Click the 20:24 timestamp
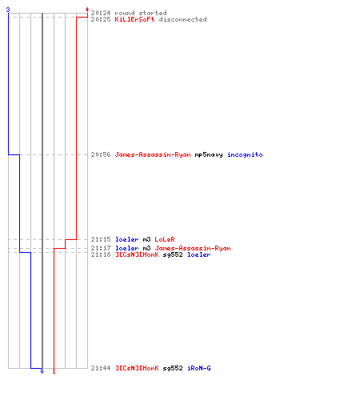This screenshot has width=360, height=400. (x=101, y=13)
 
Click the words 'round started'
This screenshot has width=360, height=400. (x=141, y=13)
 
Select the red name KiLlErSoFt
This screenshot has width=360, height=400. (x=134, y=19)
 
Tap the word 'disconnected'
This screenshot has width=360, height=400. (x=182, y=19)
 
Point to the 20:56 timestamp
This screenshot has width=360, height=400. (x=101, y=154)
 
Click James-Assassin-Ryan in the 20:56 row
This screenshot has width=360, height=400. (x=153, y=154)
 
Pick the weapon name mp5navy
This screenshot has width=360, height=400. (x=209, y=155)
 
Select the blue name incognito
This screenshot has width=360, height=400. (x=245, y=154)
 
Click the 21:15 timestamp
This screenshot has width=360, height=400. (x=101, y=239)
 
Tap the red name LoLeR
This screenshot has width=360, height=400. (x=165, y=239)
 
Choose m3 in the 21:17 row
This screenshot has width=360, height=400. (x=146, y=248)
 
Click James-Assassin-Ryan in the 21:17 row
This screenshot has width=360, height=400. (x=193, y=248)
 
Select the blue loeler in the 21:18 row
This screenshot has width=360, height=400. (x=199, y=254)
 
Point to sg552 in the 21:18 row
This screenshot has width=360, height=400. (x=173, y=255)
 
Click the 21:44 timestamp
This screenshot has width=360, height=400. (x=101, y=368)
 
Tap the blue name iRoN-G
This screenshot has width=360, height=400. (x=199, y=368)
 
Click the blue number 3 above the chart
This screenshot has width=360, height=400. (x=8, y=10)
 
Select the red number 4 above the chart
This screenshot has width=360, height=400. (x=87, y=10)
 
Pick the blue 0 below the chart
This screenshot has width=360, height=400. (x=42, y=371)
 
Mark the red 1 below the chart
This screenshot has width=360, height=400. (x=54, y=371)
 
